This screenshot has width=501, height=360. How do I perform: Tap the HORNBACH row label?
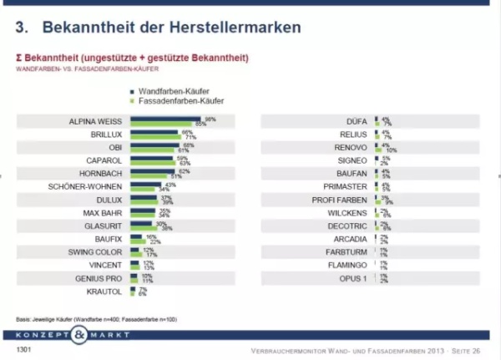tap(104, 172)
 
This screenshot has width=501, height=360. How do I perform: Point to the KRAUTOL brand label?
tap(108, 292)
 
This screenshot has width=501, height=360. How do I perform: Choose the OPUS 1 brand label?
tap(353, 278)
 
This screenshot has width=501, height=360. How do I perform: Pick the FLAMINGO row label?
tap(352, 265)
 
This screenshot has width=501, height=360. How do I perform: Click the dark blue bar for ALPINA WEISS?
tap(165, 119)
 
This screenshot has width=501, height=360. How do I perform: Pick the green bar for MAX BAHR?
tap(144, 215)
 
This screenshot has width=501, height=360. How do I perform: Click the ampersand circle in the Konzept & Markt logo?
tap(78, 336)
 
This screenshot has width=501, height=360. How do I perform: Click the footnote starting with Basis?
tap(83, 319)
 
